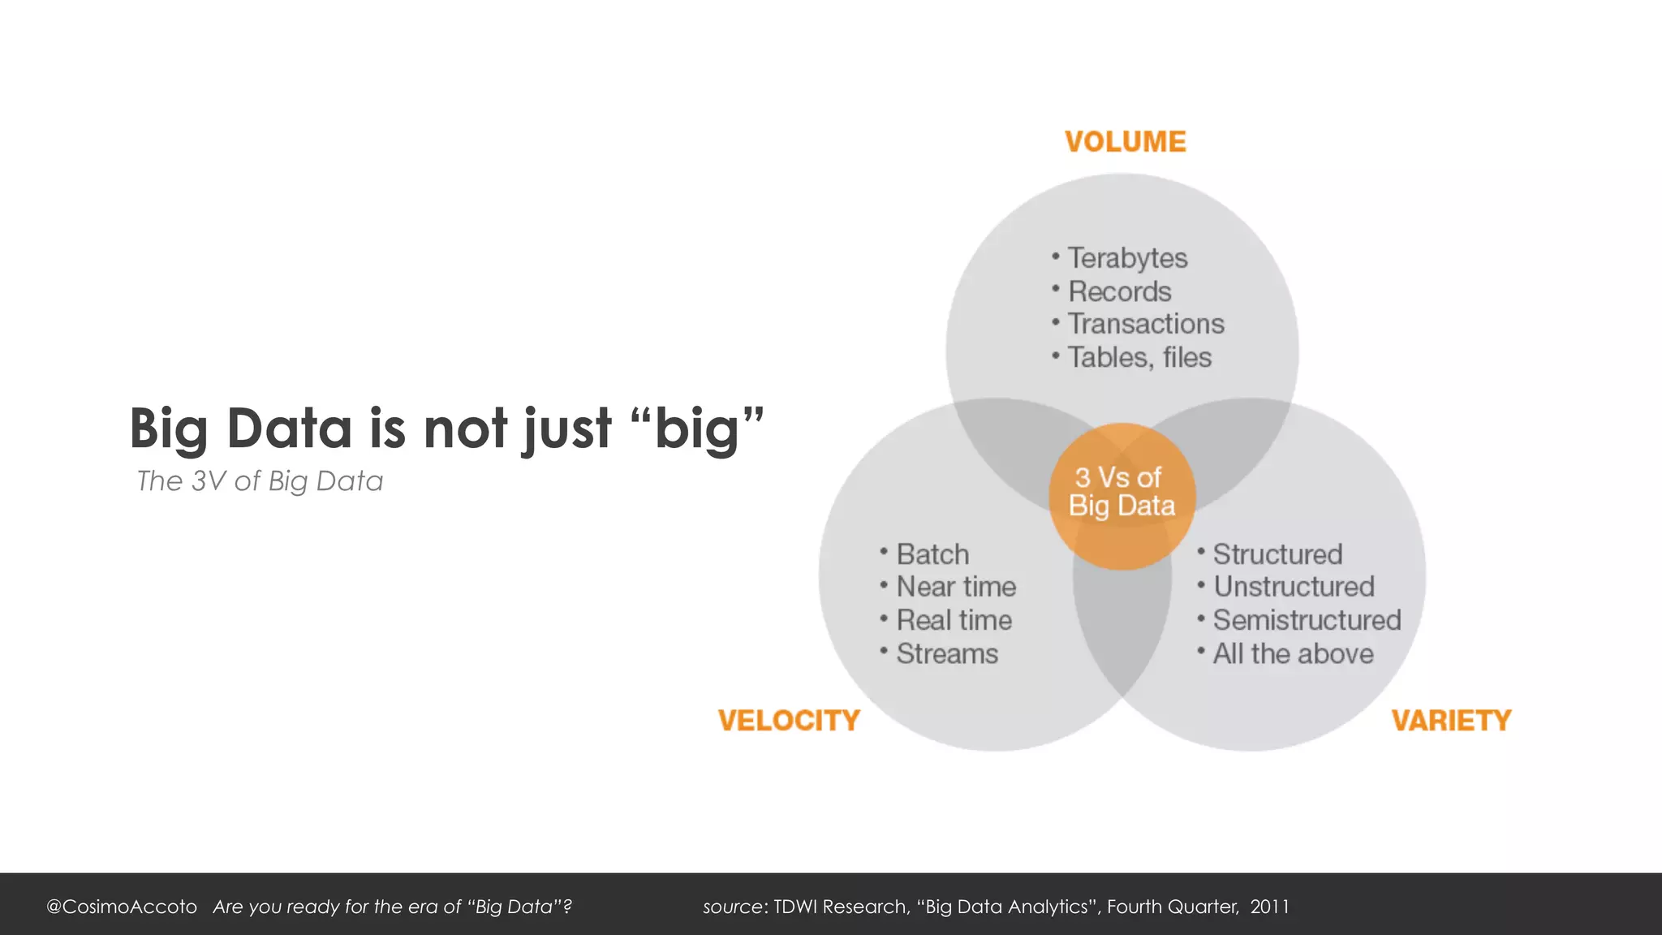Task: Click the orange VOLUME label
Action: click(1125, 142)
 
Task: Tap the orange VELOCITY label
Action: click(788, 721)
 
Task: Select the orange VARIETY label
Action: click(1451, 721)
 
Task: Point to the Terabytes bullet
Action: click(1126, 258)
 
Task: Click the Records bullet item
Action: click(1119, 291)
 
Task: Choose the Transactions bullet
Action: click(1145, 324)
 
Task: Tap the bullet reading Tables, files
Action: click(1139, 357)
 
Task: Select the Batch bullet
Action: click(932, 554)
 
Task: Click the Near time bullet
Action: click(956, 587)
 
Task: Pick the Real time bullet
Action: click(954, 620)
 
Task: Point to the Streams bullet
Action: click(947, 653)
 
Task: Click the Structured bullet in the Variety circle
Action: click(1277, 554)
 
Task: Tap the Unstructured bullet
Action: click(1294, 587)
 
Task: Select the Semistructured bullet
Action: click(1307, 620)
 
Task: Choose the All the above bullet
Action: click(1293, 653)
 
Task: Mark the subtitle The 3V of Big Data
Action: click(260, 481)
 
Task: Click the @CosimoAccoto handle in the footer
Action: click(122, 907)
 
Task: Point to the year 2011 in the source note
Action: click(1269, 907)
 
